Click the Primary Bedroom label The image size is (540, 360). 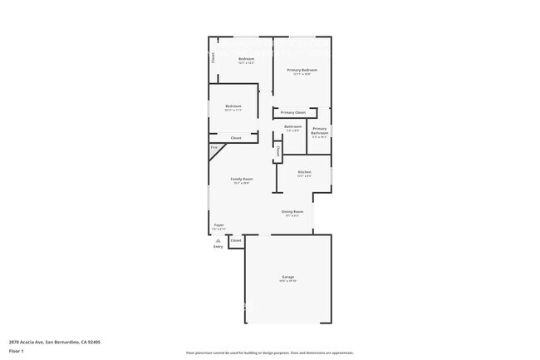tap(297, 70)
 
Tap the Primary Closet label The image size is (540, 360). tap(293, 112)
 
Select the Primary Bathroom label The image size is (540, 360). tap(320, 130)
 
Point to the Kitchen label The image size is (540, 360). tap(304, 172)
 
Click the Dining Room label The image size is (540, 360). tap(292, 212)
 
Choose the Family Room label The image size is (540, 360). tap(242, 179)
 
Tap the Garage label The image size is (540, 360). tap(287, 277)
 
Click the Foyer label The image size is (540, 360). tap(219, 224)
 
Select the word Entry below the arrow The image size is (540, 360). tap(218, 246)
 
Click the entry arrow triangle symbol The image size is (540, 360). tap(218, 239)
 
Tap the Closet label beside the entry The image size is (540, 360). tap(236, 240)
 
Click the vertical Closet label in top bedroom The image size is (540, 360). tap(213, 58)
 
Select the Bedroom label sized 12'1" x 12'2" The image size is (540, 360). tap(246, 59)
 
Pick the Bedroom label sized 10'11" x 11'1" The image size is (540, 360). tap(233, 106)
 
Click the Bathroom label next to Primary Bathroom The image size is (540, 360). tap(293, 126)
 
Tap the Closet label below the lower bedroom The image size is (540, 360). tap(236, 138)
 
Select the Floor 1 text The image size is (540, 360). tap(17, 351)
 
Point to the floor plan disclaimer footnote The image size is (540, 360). tap(270, 353)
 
